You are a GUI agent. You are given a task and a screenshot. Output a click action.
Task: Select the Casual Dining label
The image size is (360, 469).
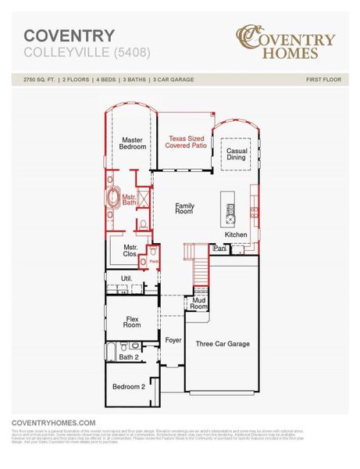point(236,153)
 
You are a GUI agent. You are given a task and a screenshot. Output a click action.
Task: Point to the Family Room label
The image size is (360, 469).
point(184,209)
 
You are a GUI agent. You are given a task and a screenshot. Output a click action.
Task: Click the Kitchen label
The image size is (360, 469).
point(236,234)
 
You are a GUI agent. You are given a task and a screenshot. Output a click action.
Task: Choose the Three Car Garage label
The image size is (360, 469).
point(222,344)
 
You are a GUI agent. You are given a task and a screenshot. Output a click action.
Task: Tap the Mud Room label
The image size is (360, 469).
point(198,304)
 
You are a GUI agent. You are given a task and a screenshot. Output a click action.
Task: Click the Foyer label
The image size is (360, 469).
point(173,341)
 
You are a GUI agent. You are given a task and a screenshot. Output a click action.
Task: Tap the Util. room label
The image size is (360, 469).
point(126,277)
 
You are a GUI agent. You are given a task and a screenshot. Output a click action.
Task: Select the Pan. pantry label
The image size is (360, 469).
point(219,249)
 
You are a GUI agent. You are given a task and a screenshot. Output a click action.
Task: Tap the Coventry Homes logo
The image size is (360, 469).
point(286,43)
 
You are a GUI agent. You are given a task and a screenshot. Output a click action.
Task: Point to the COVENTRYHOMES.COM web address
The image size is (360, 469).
point(54,421)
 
